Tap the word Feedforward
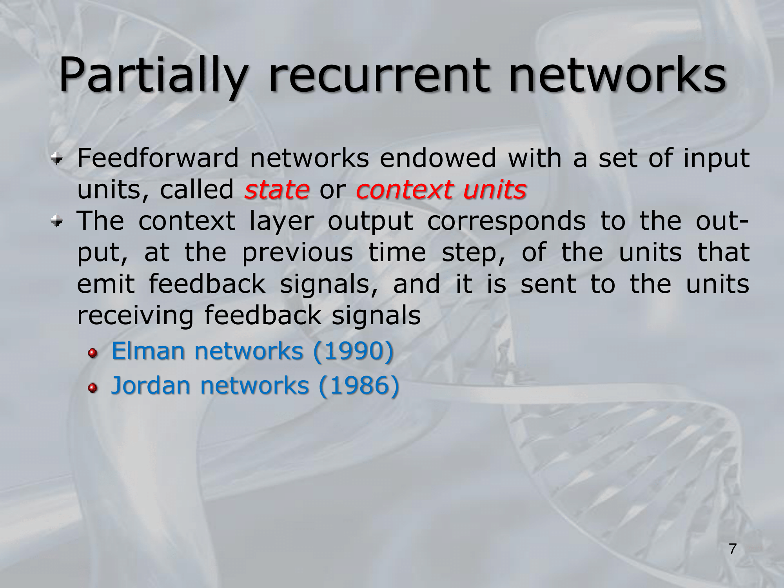pos(158,158)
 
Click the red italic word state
pos(277,190)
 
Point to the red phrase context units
pos(441,190)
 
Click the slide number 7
pos(733,549)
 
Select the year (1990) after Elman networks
pos(353,351)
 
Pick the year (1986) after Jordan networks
pos(359,385)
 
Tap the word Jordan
pos(151,385)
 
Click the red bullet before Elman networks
pos(93,354)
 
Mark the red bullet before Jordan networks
pos(93,388)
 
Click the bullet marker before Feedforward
pos(57,159)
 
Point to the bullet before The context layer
pos(57,222)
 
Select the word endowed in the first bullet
pos(438,158)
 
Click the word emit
pos(106,284)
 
